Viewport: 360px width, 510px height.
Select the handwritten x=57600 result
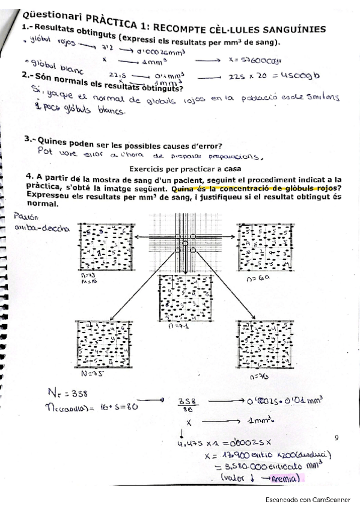256,60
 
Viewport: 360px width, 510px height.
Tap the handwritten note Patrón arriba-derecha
42,222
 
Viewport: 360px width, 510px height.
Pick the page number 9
336,439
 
